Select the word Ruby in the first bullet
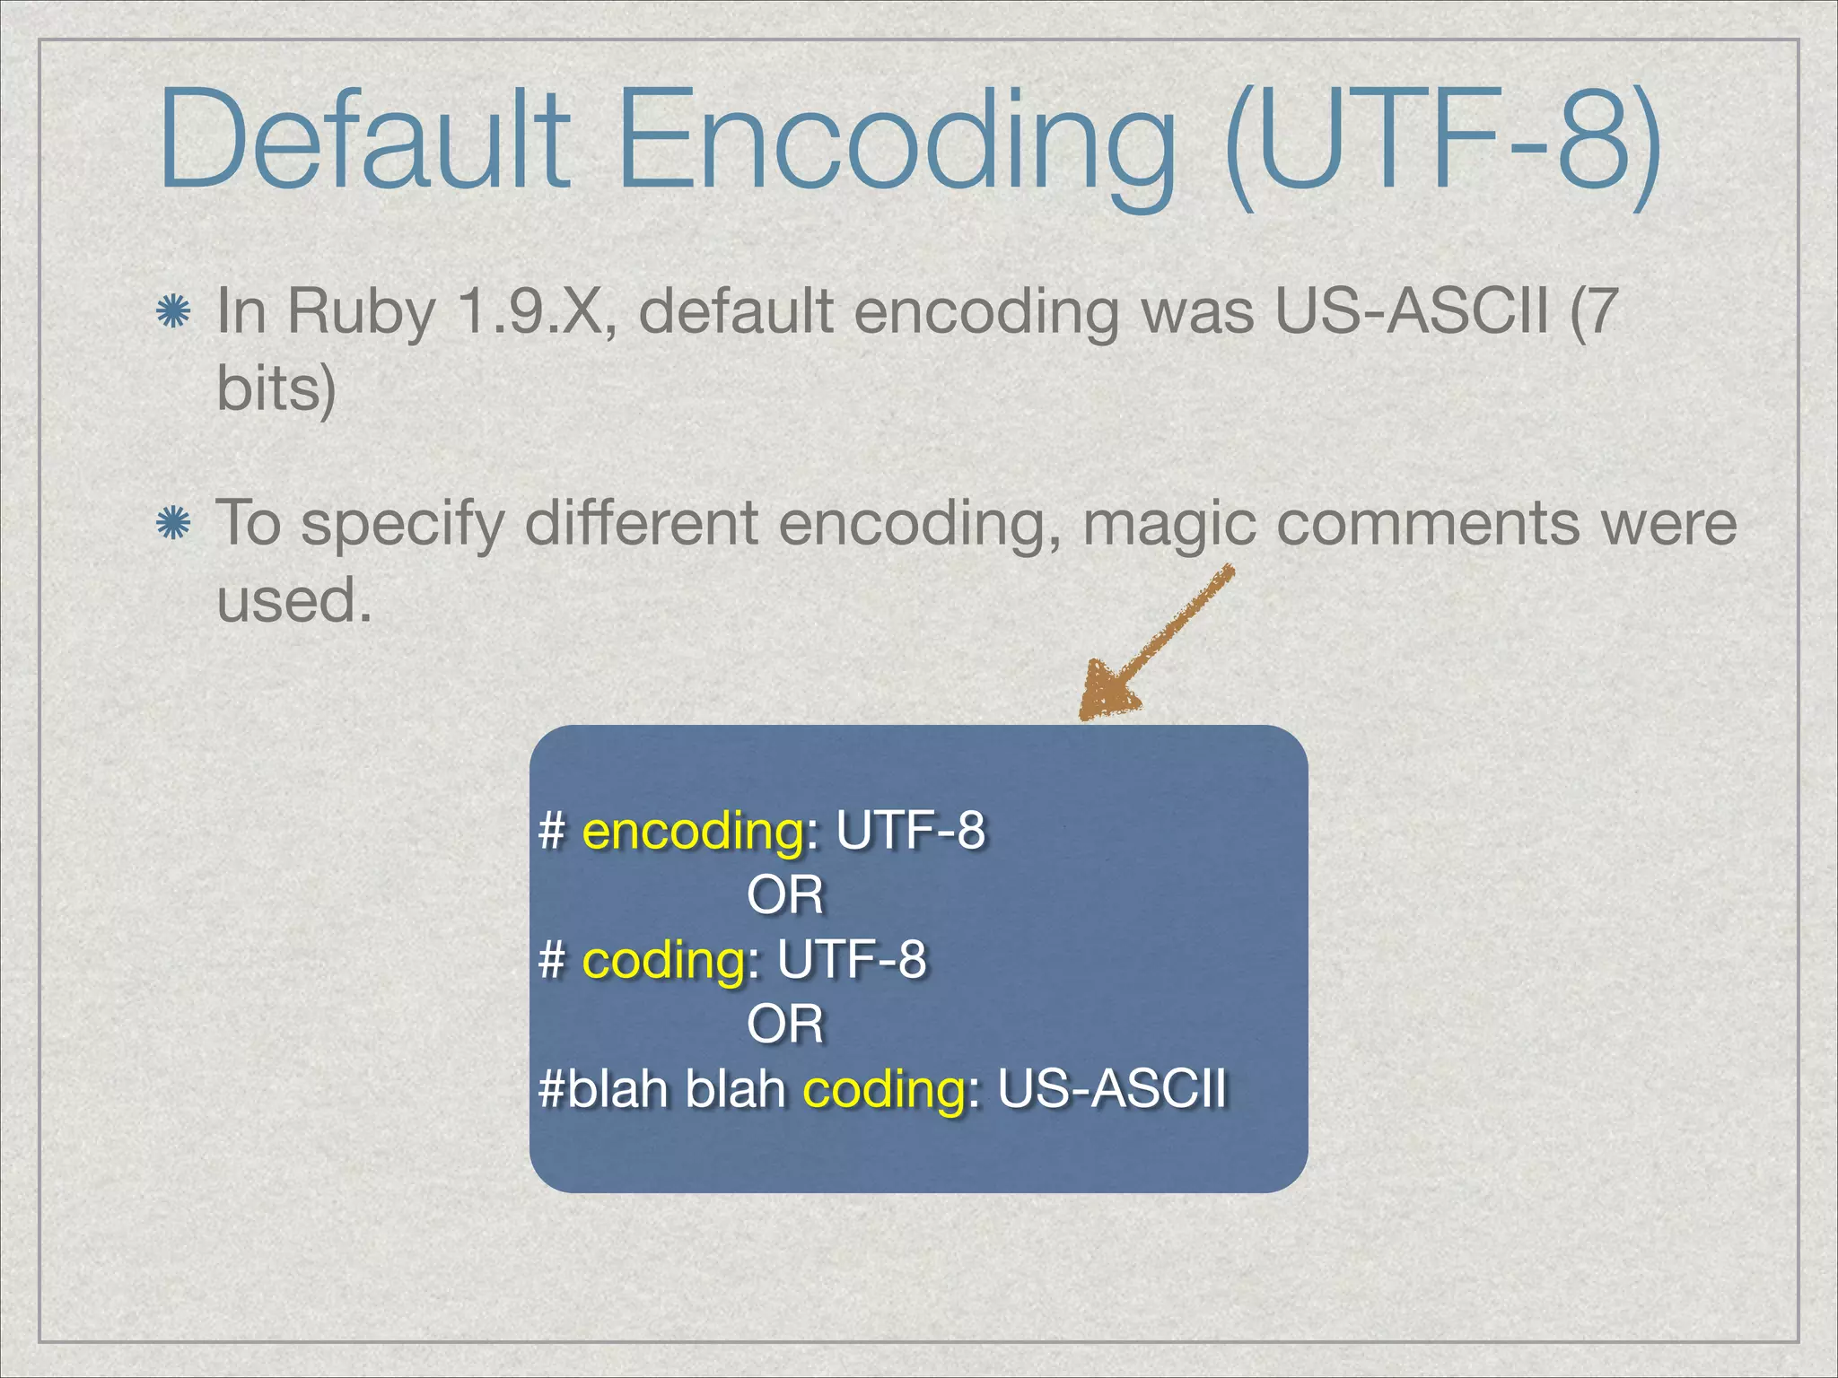(361, 314)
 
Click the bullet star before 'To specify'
(172, 523)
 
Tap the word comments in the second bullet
(1428, 523)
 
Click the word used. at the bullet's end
(294, 599)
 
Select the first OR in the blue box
(785, 895)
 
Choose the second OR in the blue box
(785, 1024)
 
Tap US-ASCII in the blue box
(1112, 1089)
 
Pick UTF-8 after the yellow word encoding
(910, 830)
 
